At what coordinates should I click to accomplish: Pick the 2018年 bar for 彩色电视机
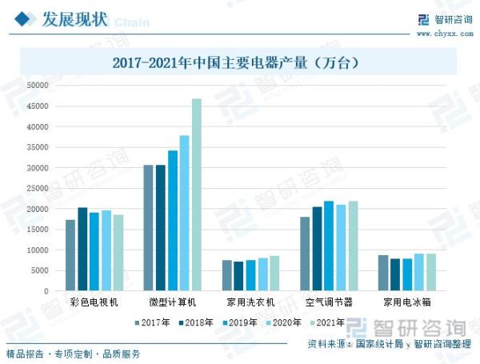click(82, 249)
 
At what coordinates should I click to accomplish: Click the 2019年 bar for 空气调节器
click(329, 246)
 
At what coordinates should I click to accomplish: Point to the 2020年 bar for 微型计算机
click(184, 213)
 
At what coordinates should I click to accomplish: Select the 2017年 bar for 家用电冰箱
click(383, 273)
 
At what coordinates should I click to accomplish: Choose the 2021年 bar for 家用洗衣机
click(274, 273)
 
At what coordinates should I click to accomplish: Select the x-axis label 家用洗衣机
click(250, 302)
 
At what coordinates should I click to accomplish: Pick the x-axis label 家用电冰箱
click(407, 302)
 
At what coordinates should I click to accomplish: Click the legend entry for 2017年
click(153, 323)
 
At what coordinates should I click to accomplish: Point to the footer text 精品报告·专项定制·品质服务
click(74, 354)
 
